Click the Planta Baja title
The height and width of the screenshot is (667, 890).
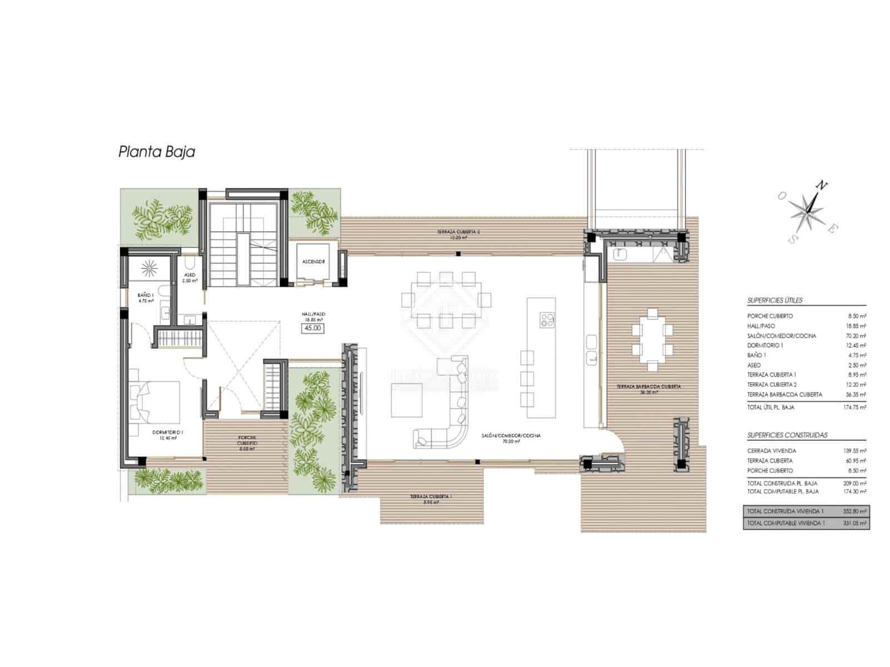click(156, 152)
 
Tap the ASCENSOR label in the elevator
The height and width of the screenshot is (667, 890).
click(313, 261)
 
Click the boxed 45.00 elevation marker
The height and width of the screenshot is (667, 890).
click(312, 328)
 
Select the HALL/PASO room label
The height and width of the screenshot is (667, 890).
click(313, 314)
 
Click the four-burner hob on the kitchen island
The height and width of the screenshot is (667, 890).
click(547, 320)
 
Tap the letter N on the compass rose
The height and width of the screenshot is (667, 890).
click(819, 186)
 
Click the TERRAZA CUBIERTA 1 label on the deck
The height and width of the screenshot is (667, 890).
click(424, 496)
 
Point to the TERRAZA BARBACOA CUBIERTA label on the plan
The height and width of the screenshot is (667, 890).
click(648, 386)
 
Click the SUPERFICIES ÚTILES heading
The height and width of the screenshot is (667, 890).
click(774, 300)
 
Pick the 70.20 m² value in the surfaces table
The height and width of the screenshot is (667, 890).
click(857, 336)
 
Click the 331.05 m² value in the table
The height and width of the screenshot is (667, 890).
click(857, 523)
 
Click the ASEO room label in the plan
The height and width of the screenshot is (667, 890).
click(189, 275)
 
